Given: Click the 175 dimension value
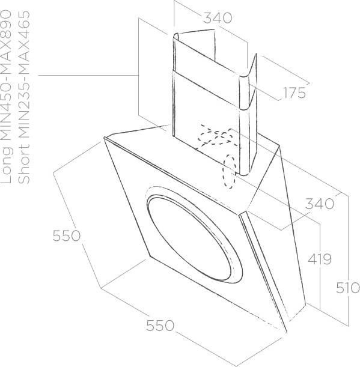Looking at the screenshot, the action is (x=294, y=93).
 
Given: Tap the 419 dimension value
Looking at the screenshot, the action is (x=320, y=259).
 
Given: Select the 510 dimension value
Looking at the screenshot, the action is (x=348, y=288).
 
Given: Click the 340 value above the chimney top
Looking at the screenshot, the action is (x=218, y=18).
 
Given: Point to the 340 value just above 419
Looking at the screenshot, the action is (x=320, y=204).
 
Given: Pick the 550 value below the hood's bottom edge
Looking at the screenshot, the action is (x=160, y=326).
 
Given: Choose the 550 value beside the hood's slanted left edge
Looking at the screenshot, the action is (x=66, y=235).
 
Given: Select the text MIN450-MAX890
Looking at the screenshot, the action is (x=7, y=76).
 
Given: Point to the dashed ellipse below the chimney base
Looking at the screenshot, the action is (x=229, y=172).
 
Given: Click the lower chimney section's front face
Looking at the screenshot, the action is (x=206, y=122).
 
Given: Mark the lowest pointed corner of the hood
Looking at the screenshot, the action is (x=287, y=332).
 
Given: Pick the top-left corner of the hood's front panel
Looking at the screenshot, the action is (x=104, y=138).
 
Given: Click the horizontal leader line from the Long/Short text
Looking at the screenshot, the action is (x=88, y=75).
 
